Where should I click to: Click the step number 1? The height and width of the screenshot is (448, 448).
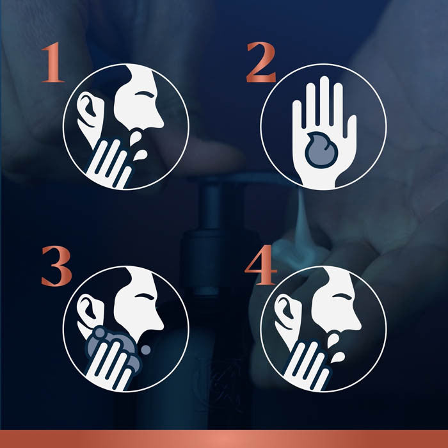(53, 62)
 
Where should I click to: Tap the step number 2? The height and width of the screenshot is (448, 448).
(261, 62)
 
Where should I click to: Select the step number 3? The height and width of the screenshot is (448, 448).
(56, 266)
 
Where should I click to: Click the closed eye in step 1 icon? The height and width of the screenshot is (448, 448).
(145, 94)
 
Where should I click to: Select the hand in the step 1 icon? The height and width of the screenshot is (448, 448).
(109, 163)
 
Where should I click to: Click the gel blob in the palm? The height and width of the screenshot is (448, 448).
(321, 150)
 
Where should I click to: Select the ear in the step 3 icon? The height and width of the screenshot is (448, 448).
(88, 312)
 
